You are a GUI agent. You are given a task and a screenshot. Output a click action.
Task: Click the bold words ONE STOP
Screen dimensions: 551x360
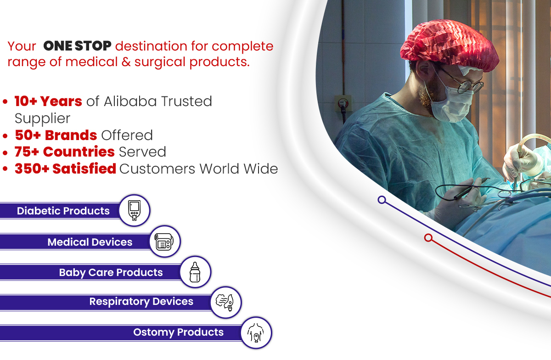pyautogui.click(x=77, y=46)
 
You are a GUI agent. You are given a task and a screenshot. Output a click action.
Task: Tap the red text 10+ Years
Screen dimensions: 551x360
pyautogui.click(x=48, y=101)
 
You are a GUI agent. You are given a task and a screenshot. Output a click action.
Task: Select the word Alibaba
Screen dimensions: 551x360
pyautogui.click(x=130, y=101)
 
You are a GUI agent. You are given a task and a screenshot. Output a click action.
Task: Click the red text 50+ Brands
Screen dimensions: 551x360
pyautogui.click(x=56, y=135)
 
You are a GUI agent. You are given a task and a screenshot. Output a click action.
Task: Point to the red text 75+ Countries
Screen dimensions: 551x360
pyautogui.click(x=64, y=152)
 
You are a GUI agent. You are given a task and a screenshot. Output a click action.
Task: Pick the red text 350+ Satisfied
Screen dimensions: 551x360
pyautogui.click(x=65, y=169)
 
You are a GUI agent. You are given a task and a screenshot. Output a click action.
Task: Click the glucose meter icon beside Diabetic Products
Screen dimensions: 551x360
pyautogui.click(x=134, y=210)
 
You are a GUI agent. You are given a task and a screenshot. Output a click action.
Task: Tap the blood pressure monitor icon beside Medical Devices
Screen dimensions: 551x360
pyautogui.click(x=164, y=242)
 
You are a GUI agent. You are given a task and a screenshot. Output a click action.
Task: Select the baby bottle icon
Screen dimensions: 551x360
pyautogui.click(x=195, y=272)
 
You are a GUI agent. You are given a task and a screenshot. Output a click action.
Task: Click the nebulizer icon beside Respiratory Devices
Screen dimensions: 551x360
pyautogui.click(x=225, y=303)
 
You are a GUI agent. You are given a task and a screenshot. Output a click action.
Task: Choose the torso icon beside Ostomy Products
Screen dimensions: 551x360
pyautogui.click(x=256, y=333)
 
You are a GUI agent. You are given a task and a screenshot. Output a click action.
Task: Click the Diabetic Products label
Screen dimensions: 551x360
pyautogui.click(x=63, y=211)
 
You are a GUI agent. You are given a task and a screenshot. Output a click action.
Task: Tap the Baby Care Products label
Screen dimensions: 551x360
pyautogui.click(x=111, y=272)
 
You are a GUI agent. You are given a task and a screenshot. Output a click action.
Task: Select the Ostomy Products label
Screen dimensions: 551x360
pyautogui.click(x=178, y=332)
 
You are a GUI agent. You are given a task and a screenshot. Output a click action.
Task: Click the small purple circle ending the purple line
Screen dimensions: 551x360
pyautogui.click(x=382, y=200)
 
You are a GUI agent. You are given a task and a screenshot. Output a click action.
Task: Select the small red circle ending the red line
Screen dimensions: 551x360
pyautogui.click(x=428, y=238)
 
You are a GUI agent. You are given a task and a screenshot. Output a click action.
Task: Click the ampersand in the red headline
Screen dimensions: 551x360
pyautogui.click(x=126, y=62)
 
